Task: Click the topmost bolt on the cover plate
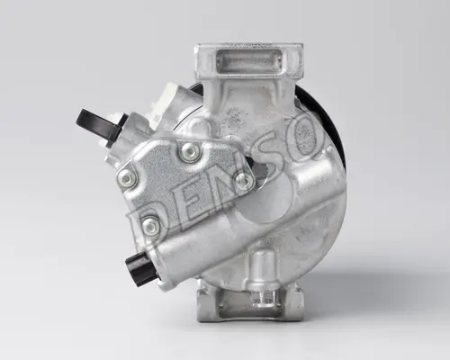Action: pyautogui.click(x=190, y=152)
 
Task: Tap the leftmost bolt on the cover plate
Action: pyautogui.click(x=127, y=179)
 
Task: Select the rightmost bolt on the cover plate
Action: pyautogui.click(x=244, y=181)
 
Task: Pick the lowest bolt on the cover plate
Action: pyautogui.click(x=150, y=225)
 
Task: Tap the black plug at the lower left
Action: pyautogui.click(x=140, y=269)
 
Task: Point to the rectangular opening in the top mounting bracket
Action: pyautogui.click(x=249, y=61)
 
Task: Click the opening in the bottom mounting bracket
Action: pyautogui.click(x=249, y=309)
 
